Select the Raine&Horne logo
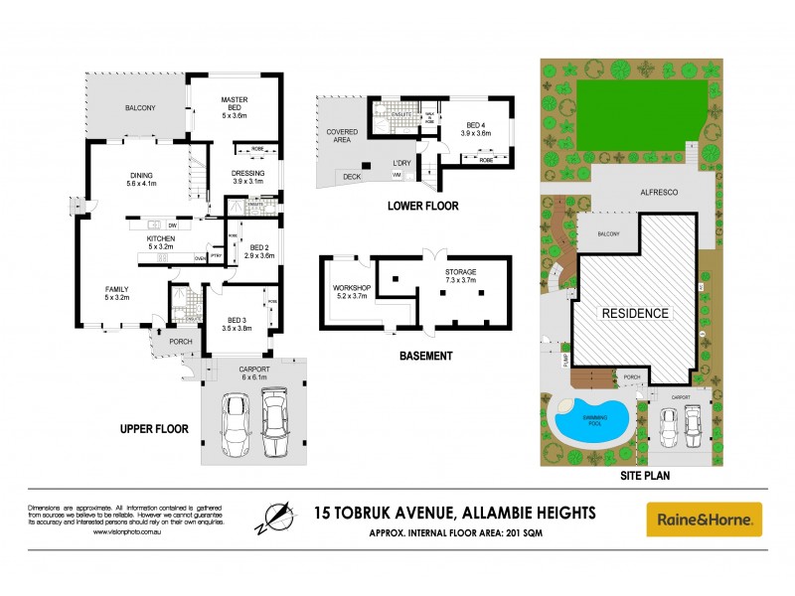pos(705,520)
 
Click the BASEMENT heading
pos(425,355)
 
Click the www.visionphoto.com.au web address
pos(127,532)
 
